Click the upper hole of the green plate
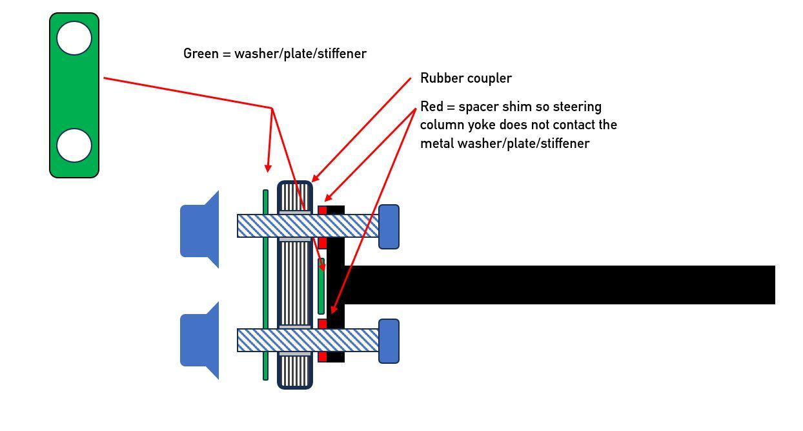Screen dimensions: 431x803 (x=74, y=38)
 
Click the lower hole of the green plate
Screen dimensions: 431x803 (x=74, y=145)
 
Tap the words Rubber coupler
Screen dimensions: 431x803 (x=465, y=78)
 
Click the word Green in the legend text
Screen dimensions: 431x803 (x=201, y=54)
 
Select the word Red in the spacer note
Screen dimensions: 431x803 (x=431, y=107)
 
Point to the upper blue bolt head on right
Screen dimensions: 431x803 (x=389, y=227)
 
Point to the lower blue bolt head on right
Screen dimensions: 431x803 (x=389, y=341)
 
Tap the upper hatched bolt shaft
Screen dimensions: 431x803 (x=308, y=226)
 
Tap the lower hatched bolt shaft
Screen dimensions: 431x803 (x=308, y=341)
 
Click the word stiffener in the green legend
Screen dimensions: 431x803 (x=343, y=54)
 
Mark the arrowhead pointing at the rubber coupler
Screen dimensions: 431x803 (x=314, y=178)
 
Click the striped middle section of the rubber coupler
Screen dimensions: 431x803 (x=295, y=283)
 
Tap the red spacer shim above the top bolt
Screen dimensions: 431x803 (x=322, y=210)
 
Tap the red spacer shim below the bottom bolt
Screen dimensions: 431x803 (x=322, y=357)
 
